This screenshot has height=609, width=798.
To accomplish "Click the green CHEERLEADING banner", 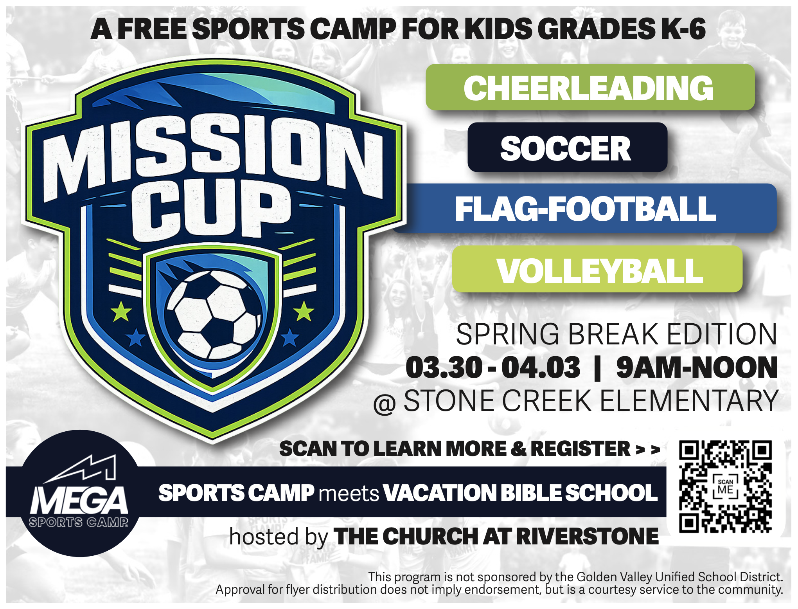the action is [x=590, y=87].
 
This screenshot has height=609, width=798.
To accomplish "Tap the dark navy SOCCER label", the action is [x=567, y=147].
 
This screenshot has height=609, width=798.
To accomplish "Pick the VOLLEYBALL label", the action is [x=597, y=269].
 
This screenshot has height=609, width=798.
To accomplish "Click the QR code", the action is [x=726, y=486].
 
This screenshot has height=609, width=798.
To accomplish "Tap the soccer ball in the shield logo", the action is [x=214, y=314].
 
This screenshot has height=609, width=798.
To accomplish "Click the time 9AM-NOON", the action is [x=697, y=368].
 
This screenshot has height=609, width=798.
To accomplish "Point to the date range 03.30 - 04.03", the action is [x=493, y=368].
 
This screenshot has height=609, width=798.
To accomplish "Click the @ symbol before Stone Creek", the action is [x=385, y=404].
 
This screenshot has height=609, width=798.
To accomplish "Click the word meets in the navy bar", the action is [x=349, y=494].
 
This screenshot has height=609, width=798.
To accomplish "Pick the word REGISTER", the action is [x=581, y=449].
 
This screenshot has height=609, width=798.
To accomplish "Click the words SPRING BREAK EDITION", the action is [x=616, y=334].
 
